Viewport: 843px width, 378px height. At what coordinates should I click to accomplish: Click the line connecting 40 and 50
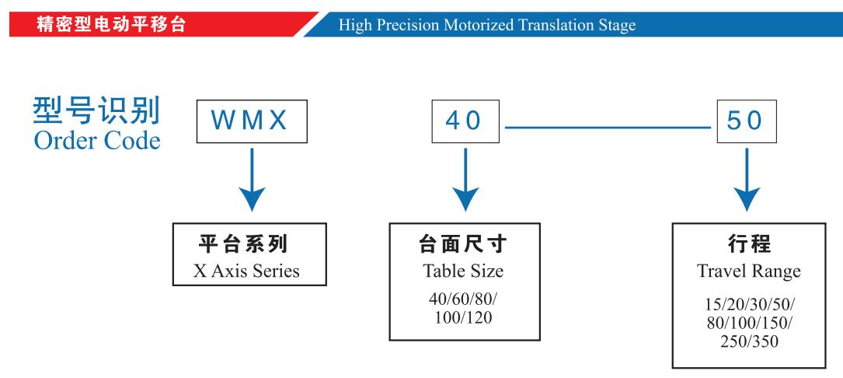tap(608, 128)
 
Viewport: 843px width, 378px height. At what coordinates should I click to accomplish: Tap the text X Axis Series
tap(246, 271)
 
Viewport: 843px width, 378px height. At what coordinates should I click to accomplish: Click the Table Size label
tap(463, 271)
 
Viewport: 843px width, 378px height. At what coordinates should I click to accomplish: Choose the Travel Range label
tap(748, 271)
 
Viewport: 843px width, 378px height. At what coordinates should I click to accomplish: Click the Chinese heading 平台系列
tap(243, 244)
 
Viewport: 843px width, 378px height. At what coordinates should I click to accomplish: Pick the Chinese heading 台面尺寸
tap(462, 244)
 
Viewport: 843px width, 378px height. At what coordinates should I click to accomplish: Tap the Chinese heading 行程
tap(750, 244)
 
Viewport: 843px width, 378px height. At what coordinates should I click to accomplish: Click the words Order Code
tap(97, 141)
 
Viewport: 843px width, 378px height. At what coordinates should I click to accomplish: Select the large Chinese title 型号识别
tap(97, 111)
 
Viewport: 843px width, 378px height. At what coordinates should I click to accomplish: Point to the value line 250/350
tap(749, 341)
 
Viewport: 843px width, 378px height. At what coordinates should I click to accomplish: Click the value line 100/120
tap(463, 317)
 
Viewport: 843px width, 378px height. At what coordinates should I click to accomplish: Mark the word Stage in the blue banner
tap(617, 26)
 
